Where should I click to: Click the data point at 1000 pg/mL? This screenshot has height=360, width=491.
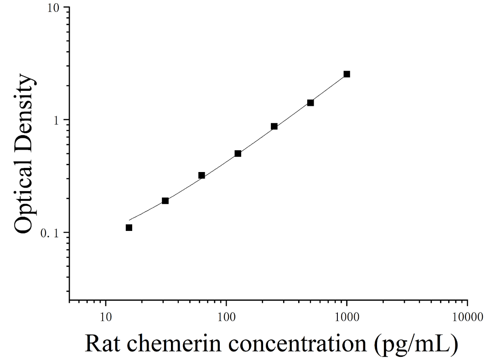pos(346,74)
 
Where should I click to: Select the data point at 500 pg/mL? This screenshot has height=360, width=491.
pos(310,103)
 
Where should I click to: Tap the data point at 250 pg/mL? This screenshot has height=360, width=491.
pos(274,126)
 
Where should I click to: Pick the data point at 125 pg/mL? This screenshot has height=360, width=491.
pos(238,153)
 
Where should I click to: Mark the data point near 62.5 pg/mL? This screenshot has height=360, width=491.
pos(202,176)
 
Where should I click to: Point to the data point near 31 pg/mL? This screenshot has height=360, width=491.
pos(165,201)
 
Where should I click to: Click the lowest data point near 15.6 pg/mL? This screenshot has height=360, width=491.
pos(129,228)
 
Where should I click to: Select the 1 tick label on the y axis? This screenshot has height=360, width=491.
pos(57,120)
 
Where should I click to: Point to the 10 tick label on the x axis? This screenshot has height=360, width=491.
pos(106,317)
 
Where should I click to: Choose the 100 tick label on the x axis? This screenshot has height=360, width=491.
pos(226,317)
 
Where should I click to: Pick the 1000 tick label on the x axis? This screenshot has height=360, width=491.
pos(346,317)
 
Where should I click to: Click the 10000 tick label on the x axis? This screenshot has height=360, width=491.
pos(467,317)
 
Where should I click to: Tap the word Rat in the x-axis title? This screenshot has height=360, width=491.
pos(103,344)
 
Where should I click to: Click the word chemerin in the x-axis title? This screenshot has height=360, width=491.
pos(174,344)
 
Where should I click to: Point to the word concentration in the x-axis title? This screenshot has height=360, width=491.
pos(297,344)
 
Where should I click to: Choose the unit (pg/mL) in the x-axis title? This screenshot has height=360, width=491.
pos(415,344)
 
